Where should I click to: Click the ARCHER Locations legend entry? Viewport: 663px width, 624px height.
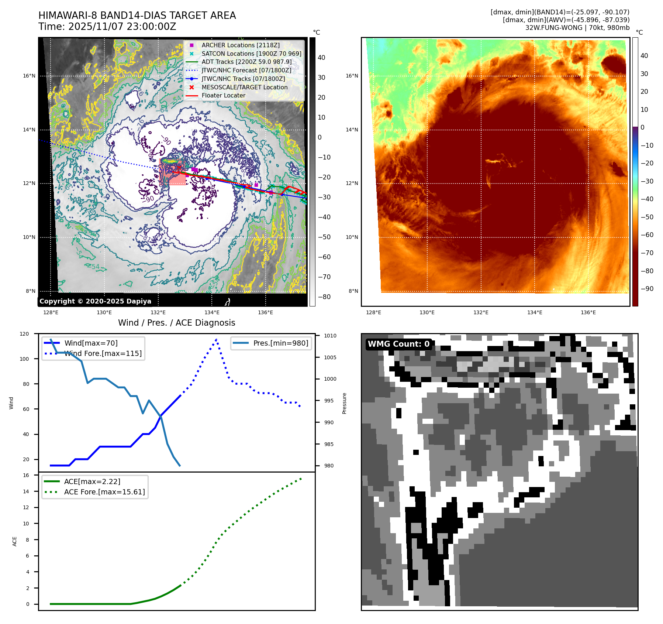pos(240,45)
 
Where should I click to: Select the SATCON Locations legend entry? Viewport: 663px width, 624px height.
pos(251,54)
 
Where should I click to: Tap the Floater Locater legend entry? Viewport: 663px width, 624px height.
pos(223,95)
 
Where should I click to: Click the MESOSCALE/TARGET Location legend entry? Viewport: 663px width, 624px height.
pos(244,87)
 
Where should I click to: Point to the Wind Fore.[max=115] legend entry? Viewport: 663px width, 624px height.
pos(103,353)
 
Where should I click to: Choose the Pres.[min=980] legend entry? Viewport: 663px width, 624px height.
pos(280,343)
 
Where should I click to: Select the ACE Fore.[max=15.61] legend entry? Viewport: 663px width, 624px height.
pos(104,492)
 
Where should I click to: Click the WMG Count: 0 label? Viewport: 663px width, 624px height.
pos(398,344)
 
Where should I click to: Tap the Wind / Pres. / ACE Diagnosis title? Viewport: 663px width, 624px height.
pos(176,323)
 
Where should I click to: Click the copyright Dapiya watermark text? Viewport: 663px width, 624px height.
pos(95,301)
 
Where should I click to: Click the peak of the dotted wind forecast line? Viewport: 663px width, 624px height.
pos(216,339)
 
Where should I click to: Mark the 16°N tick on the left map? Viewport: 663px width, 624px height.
pos(29,76)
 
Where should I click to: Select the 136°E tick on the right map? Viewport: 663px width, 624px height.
pos(588,312)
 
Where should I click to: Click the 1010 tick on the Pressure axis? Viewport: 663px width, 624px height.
pos(330,336)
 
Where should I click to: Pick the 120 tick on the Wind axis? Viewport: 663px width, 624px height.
pos(24,334)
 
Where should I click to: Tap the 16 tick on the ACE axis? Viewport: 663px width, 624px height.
pos(26,475)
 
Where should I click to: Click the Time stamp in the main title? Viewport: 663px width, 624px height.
pos(107,27)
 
